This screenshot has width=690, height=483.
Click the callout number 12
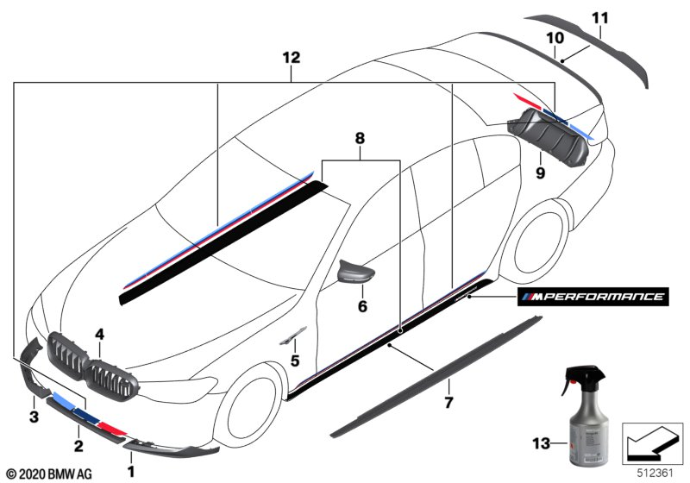pos(291,58)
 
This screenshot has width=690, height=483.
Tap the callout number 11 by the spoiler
pos(600,17)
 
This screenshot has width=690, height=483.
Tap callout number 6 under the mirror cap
pos(363,306)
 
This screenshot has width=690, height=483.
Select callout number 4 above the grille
pos(99,332)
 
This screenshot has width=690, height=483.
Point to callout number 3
pos(34,417)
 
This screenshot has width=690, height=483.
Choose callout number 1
pos(131,471)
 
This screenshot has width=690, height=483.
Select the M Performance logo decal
pos(591,298)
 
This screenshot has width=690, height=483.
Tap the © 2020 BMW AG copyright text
pos(49,474)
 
